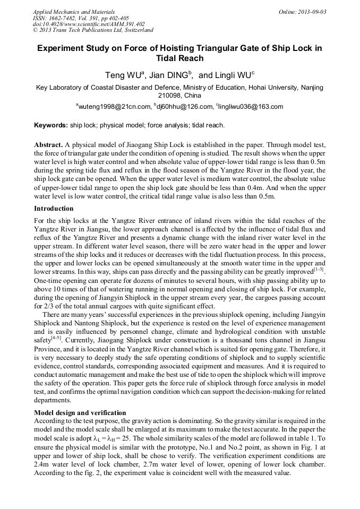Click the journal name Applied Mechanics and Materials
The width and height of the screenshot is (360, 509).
(x=74, y=11)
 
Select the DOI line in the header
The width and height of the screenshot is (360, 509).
(x=89, y=24)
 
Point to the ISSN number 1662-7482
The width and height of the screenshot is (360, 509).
(x=61, y=18)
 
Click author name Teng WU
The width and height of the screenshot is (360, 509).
(x=123, y=75)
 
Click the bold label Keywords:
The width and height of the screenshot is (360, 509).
(x=51, y=126)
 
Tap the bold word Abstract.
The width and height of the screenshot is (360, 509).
(x=48, y=144)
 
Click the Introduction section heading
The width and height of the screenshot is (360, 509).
(x=54, y=209)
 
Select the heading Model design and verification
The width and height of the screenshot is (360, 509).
(x=80, y=412)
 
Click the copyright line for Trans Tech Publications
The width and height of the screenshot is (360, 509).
(x=93, y=30)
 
